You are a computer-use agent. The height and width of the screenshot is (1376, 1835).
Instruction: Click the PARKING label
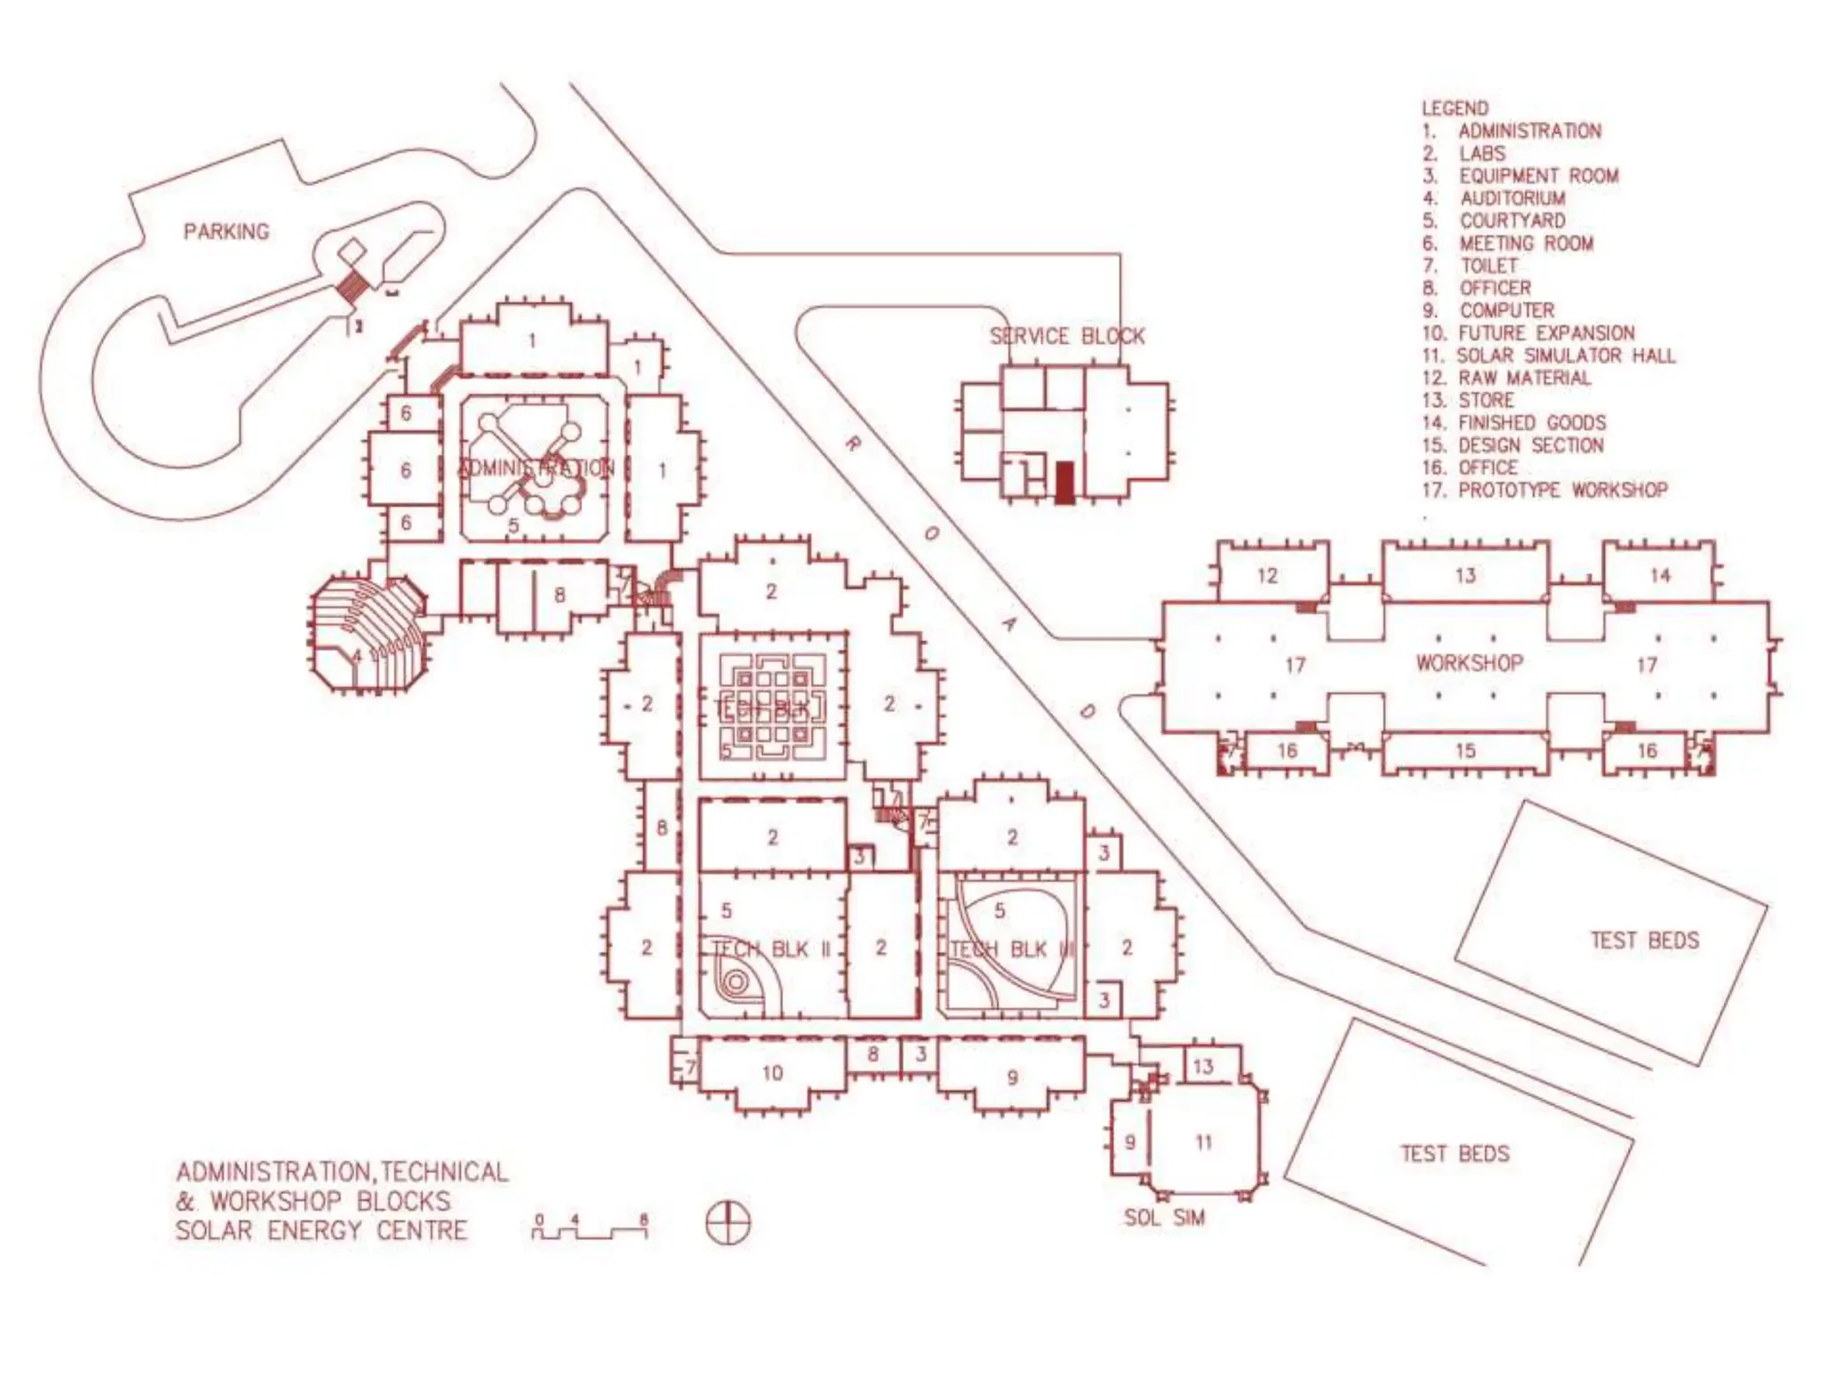pyautogui.click(x=226, y=232)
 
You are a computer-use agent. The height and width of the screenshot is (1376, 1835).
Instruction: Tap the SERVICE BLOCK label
pyautogui.click(x=1066, y=337)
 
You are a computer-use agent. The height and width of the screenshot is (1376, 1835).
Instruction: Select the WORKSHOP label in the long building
pyautogui.click(x=1469, y=663)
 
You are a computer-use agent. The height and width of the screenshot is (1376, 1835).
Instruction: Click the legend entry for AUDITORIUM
pyautogui.click(x=1512, y=198)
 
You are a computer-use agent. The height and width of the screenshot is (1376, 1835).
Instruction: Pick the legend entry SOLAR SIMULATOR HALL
pyautogui.click(x=1565, y=356)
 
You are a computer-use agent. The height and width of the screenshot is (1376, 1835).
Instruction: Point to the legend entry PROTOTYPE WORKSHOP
pyautogui.click(x=1562, y=490)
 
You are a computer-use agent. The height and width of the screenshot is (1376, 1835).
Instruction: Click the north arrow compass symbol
pyautogui.click(x=728, y=1224)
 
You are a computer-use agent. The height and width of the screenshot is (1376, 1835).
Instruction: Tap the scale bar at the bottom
pyautogui.click(x=590, y=1229)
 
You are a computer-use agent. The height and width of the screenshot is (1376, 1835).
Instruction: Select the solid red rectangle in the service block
pyautogui.click(x=1064, y=483)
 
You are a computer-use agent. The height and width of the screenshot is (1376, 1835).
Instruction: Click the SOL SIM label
pyautogui.click(x=1164, y=1217)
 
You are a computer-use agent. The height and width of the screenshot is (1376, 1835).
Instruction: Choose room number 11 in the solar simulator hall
pyautogui.click(x=1203, y=1142)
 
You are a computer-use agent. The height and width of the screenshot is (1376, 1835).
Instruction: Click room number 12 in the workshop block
pyautogui.click(x=1267, y=575)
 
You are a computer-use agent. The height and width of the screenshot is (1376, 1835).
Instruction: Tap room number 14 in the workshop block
pyautogui.click(x=1659, y=575)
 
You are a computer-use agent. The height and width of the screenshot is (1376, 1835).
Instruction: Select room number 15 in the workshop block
pyautogui.click(x=1465, y=751)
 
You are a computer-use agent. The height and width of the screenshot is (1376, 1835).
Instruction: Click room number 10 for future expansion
pyautogui.click(x=772, y=1072)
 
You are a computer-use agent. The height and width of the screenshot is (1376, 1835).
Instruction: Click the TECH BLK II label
pyautogui.click(x=771, y=949)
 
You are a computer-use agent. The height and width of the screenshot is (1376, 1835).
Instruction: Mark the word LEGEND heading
pyautogui.click(x=1454, y=108)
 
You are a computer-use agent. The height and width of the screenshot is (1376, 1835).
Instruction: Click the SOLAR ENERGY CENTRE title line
pyautogui.click(x=321, y=1231)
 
